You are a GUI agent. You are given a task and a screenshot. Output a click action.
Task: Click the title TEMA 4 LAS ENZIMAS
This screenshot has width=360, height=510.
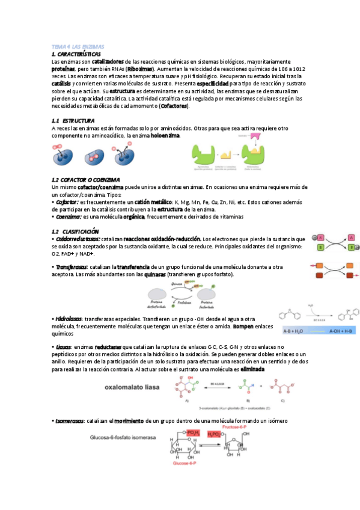[78, 46]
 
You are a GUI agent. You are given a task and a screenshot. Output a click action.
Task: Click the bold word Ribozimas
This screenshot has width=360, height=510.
[139, 69]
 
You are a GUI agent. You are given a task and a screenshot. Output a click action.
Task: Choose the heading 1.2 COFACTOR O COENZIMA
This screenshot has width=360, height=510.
[86, 180]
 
